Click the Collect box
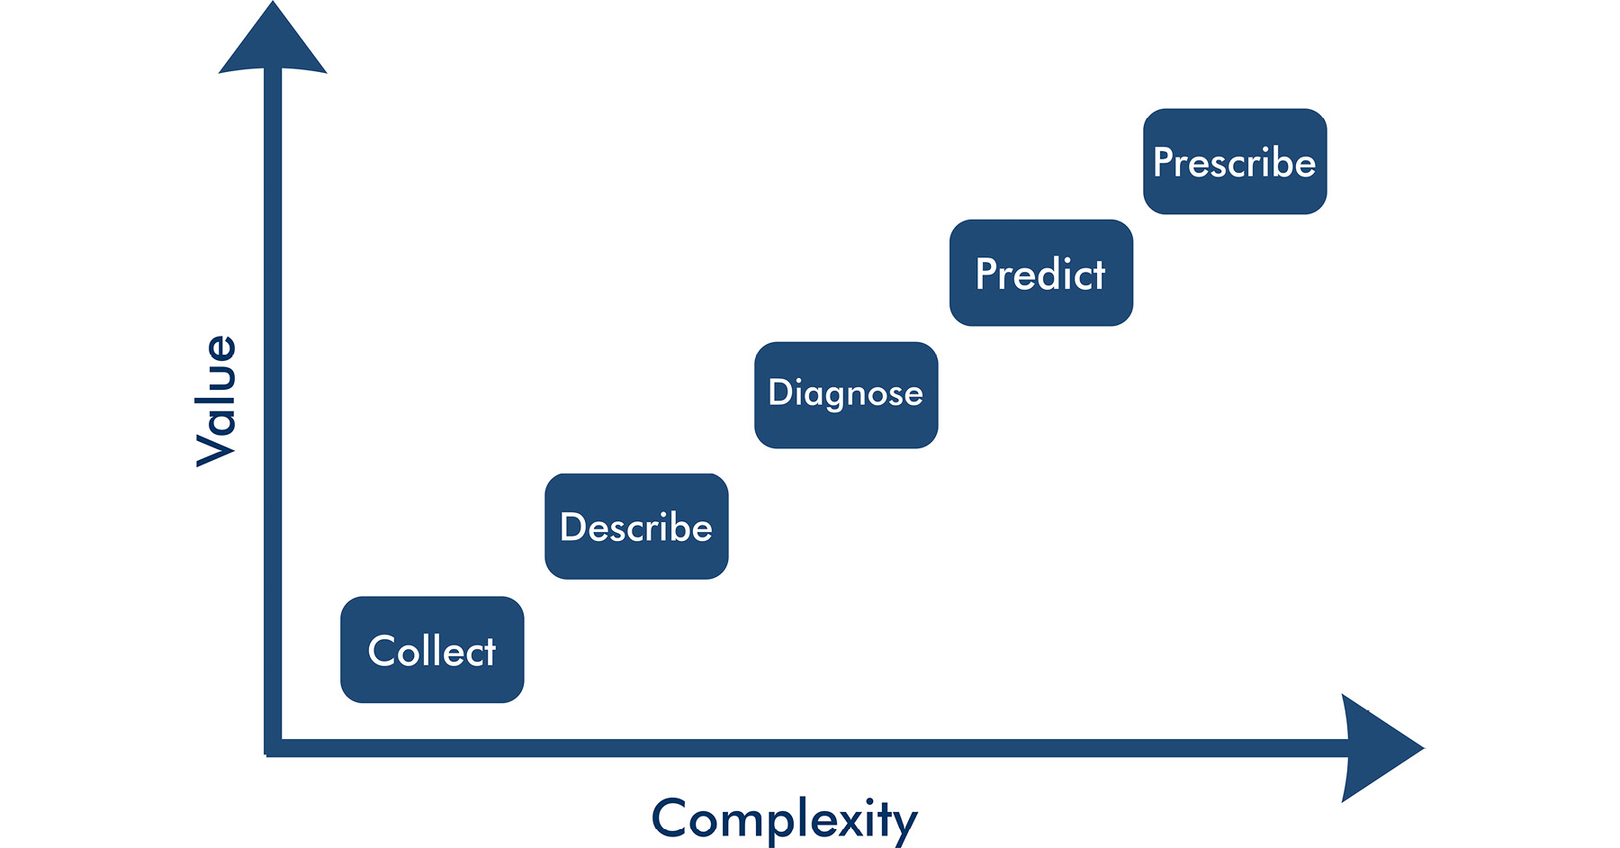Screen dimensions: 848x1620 point(432,649)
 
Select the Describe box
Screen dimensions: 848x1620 point(636,526)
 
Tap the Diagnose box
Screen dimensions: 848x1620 point(846,394)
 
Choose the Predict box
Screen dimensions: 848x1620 point(1041,272)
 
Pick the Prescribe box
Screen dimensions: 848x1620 point(1235,161)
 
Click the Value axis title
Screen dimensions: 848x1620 point(217,401)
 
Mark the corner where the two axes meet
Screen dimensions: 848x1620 point(274,747)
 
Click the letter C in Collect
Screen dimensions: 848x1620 point(382,651)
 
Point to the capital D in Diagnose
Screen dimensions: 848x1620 point(779,392)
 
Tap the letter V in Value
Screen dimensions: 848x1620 point(217,447)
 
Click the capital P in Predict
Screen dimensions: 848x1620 point(986,274)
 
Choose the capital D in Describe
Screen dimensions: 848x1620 point(572,528)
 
